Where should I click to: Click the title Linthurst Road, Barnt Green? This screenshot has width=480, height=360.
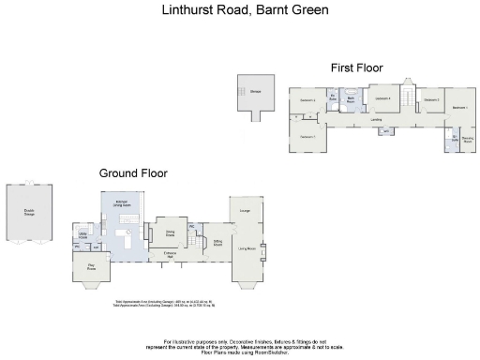point(239,10)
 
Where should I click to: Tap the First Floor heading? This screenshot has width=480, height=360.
point(355,67)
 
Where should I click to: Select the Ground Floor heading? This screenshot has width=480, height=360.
point(133,173)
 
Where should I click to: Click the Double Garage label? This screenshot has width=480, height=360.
point(29,212)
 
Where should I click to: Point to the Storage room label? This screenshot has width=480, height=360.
point(255,91)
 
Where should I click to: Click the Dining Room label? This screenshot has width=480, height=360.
point(172,232)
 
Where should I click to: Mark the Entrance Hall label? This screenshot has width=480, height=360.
point(172,253)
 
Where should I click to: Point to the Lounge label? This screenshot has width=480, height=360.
point(246,212)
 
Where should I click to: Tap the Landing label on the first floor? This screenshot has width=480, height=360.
point(376,119)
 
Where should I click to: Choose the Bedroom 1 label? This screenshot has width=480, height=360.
point(459,108)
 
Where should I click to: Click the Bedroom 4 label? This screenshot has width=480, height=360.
point(382,98)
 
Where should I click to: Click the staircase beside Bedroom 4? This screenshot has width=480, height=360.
point(407,97)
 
